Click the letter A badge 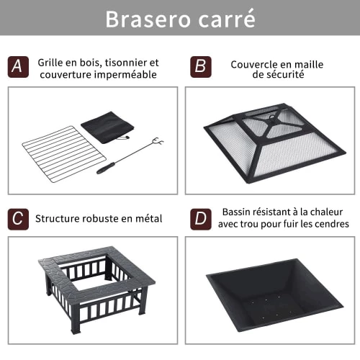click(18, 67)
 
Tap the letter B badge click(201, 67)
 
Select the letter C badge click(18, 220)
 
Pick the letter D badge click(201, 220)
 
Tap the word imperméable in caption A click(125, 75)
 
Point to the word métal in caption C click(149, 218)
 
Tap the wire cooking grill click(64, 154)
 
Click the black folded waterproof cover click(107, 127)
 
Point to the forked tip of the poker click(158, 142)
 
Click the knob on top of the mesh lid click(272, 117)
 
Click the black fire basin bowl click(275, 295)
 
